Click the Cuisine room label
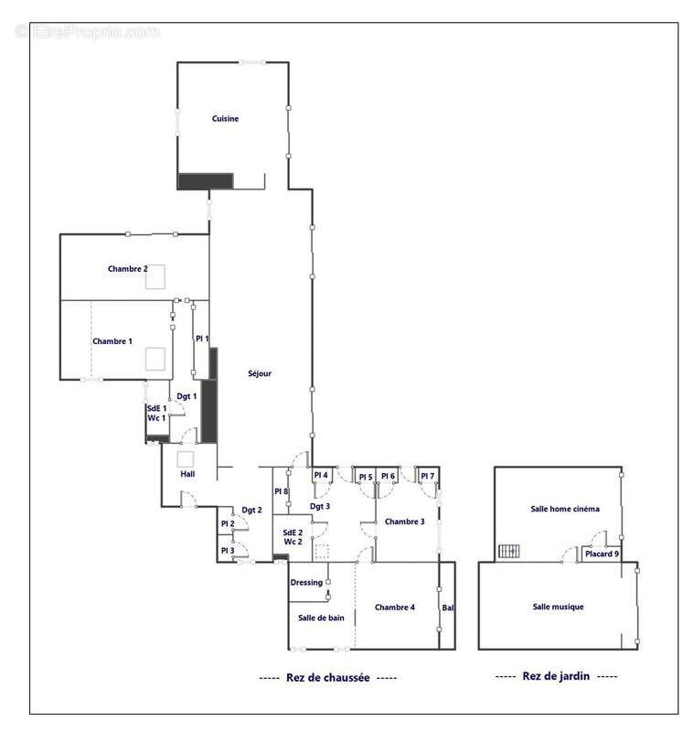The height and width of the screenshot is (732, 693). point(225,119)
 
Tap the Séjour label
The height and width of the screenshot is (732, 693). point(260,373)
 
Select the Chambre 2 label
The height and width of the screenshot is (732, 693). point(127,268)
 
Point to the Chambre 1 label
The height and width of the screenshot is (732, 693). point(112,340)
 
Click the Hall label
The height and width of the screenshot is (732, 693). point(187,473)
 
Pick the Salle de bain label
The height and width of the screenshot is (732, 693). point(321,617)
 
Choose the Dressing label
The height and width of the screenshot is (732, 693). point(306,582)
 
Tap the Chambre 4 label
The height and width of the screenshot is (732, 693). point(395,607)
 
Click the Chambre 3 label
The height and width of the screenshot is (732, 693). point(404,521)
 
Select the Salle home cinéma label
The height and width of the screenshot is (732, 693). point(565,509)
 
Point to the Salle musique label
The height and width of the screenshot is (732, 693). point(558,606)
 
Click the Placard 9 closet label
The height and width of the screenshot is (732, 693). point(602,554)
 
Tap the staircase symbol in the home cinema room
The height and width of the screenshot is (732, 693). point(509,551)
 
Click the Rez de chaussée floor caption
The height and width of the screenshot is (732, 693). point(328,677)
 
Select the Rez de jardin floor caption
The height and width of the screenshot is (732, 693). point(556,675)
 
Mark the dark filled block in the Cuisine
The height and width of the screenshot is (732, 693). point(206,181)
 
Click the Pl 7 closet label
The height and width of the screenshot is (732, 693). point(427,475)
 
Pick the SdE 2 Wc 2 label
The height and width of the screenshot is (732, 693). point(293,537)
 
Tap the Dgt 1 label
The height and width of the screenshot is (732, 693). point(187,396)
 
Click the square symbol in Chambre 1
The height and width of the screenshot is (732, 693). point(155,359)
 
